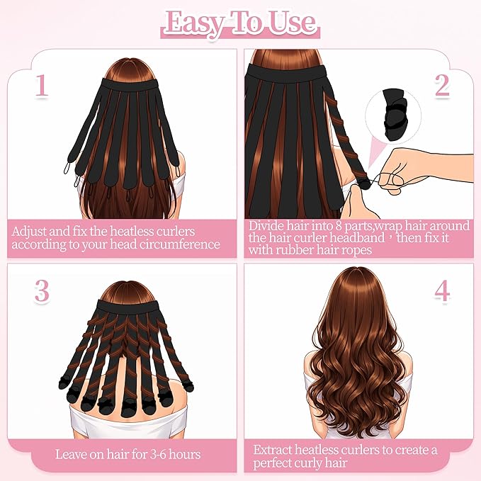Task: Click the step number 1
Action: point(42,86)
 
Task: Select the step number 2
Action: point(442,85)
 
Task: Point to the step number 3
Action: point(42,290)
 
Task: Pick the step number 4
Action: point(442,290)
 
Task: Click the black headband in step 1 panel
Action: point(129,84)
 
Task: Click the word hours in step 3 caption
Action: point(185,454)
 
